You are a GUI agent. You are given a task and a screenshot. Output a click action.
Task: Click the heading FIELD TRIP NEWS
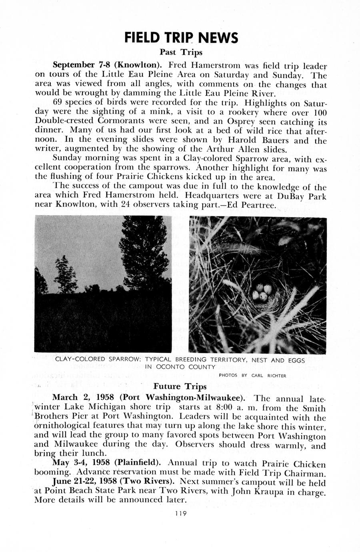(181, 38)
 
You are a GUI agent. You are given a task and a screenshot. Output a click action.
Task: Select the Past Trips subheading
(181, 52)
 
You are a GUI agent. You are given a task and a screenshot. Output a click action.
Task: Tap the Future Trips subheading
(180, 386)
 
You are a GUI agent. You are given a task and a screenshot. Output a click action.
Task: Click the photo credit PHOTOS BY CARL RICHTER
(252, 376)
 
